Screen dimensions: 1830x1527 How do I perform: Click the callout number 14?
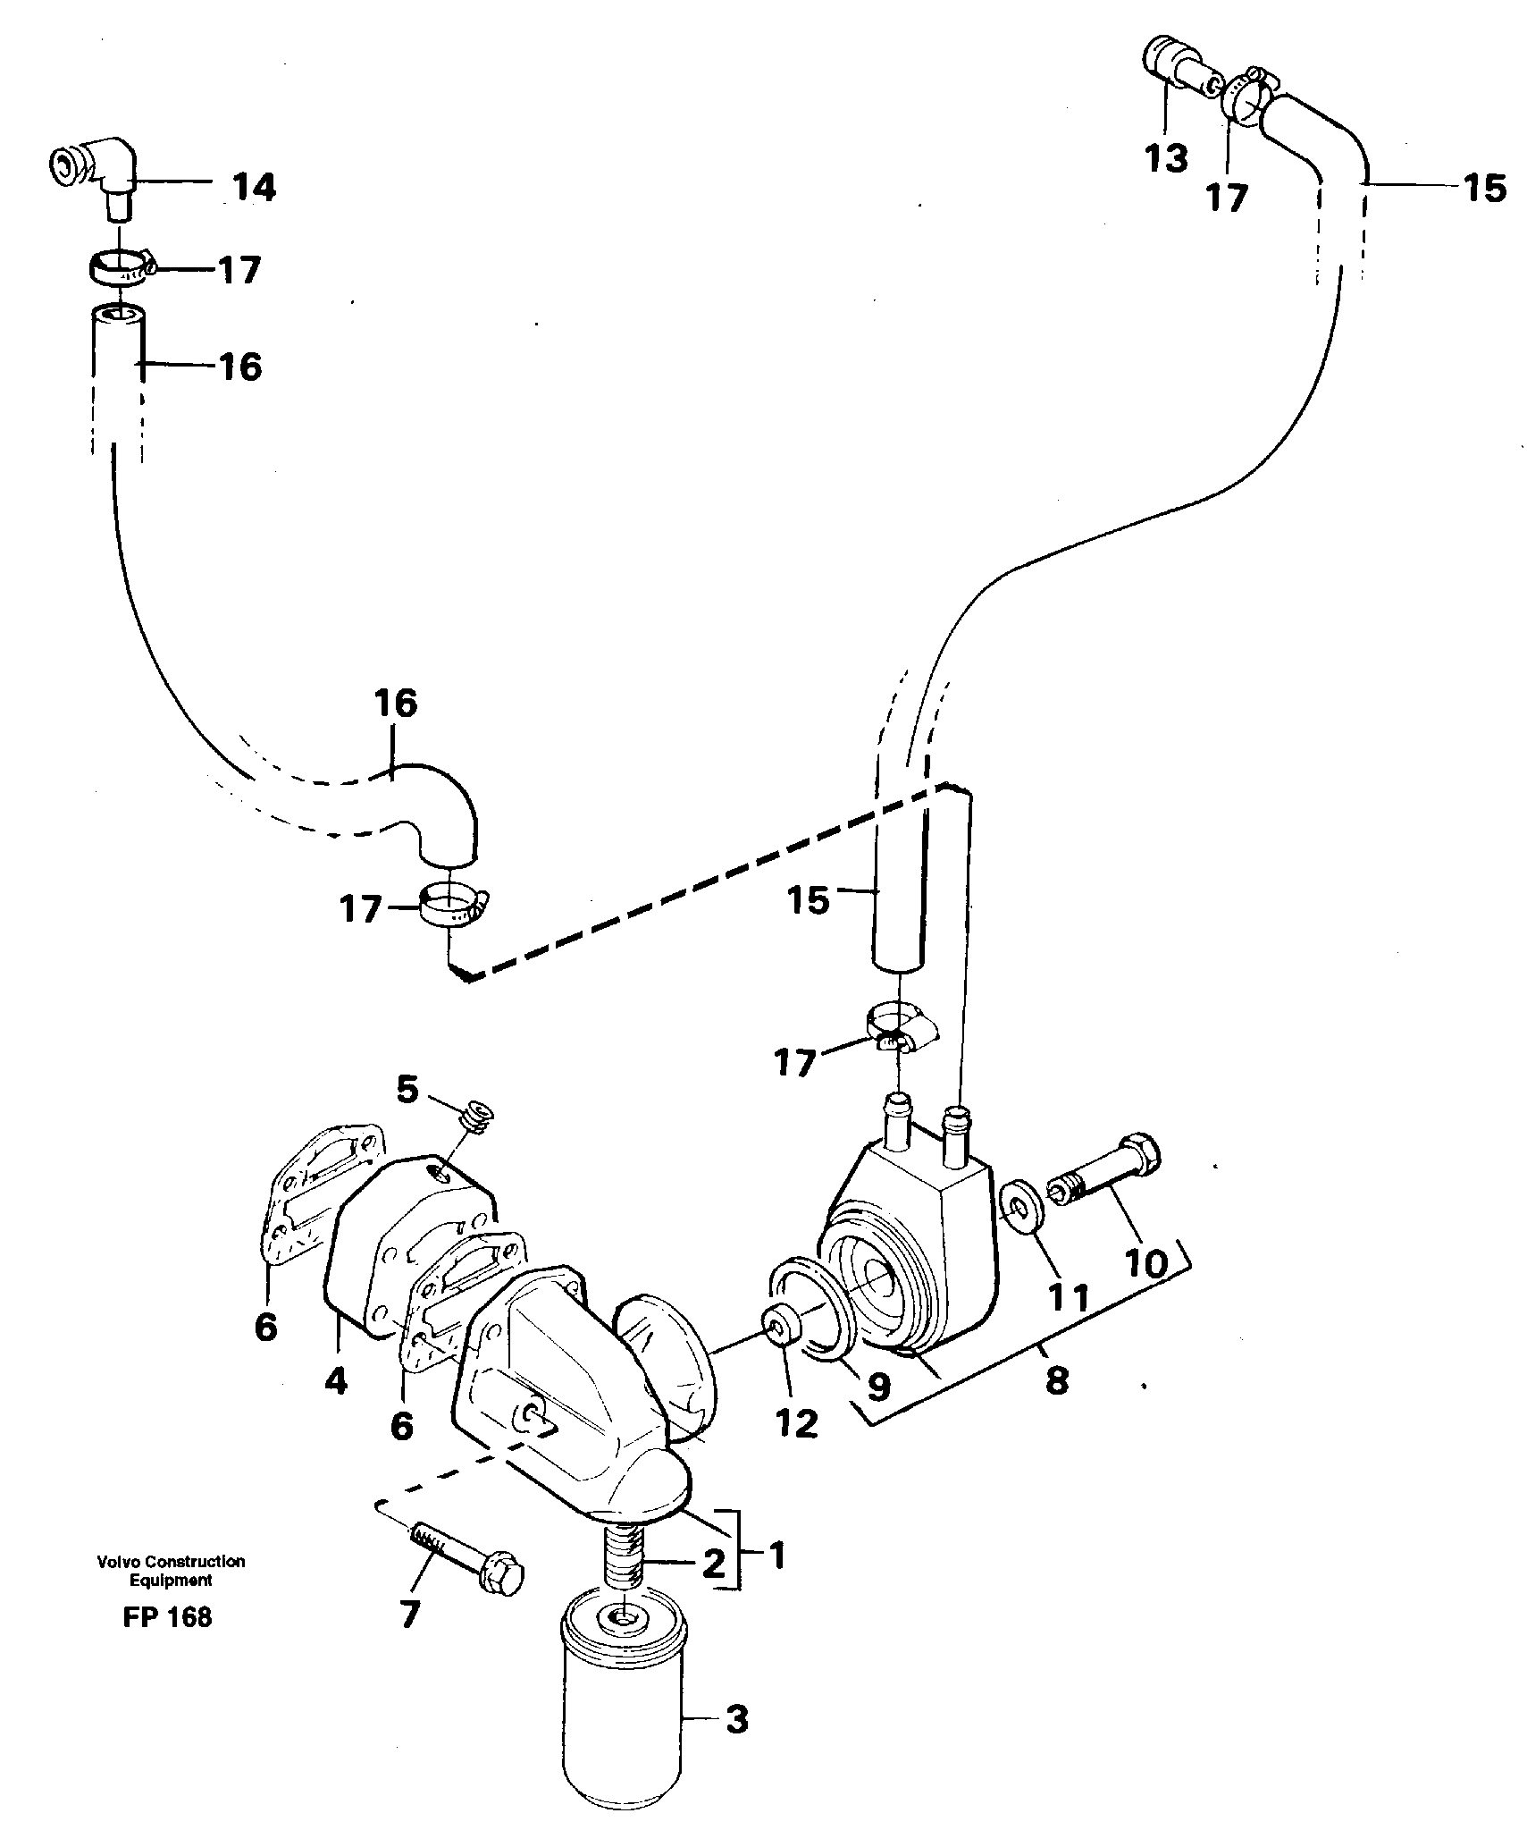(x=255, y=187)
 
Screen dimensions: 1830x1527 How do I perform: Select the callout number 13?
(x=1166, y=157)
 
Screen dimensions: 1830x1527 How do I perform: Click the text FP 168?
(x=168, y=1617)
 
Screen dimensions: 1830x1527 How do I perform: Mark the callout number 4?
(x=335, y=1381)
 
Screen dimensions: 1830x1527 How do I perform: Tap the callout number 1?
(x=776, y=1556)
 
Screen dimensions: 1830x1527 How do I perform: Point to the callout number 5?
(x=407, y=1090)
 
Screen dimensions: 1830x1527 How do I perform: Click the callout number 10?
(x=1146, y=1263)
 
